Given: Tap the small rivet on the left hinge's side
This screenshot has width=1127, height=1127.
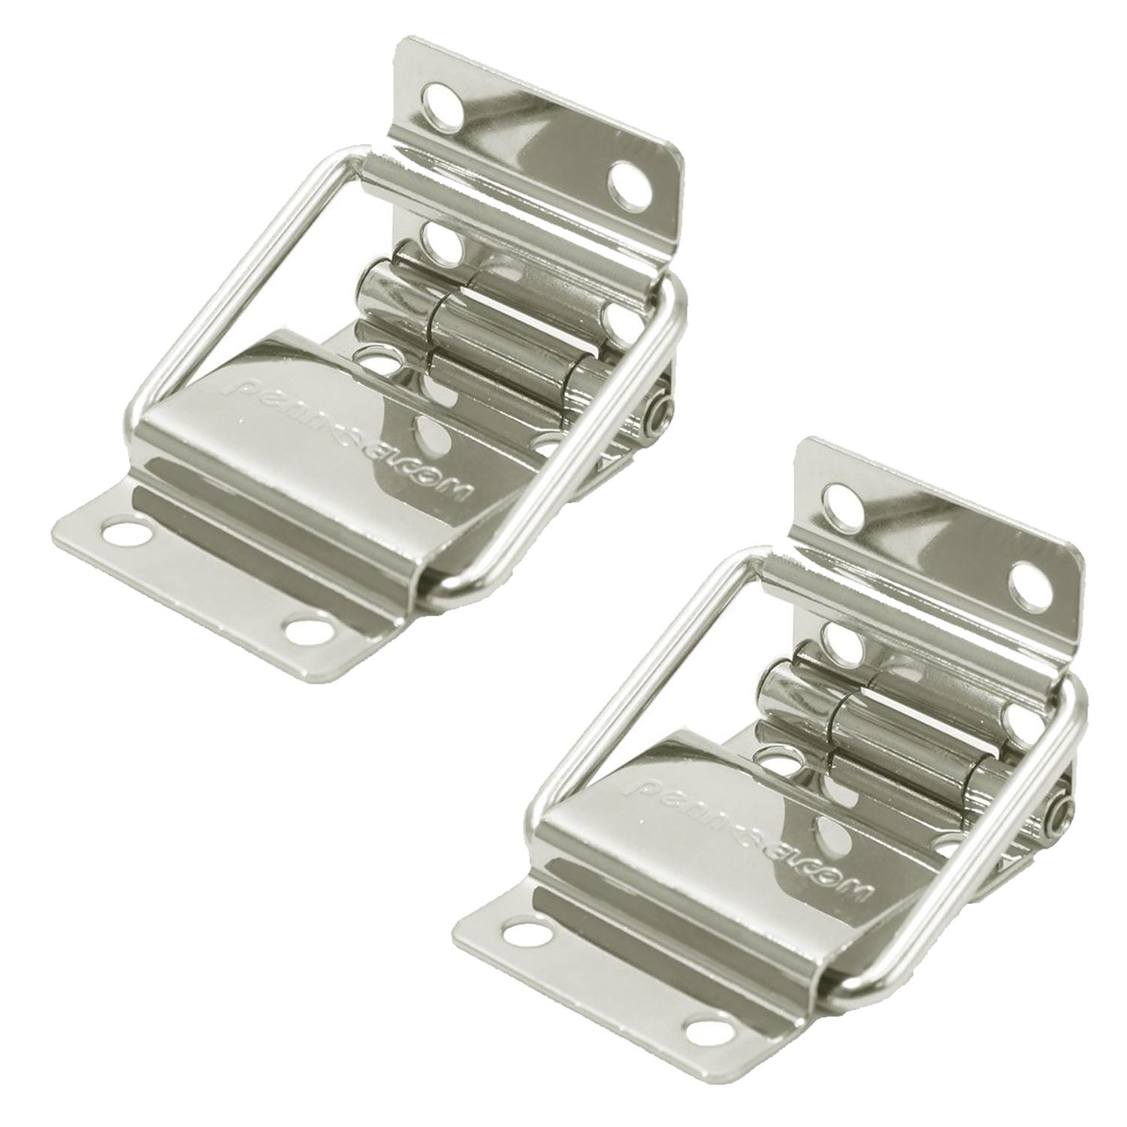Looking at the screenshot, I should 660,410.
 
